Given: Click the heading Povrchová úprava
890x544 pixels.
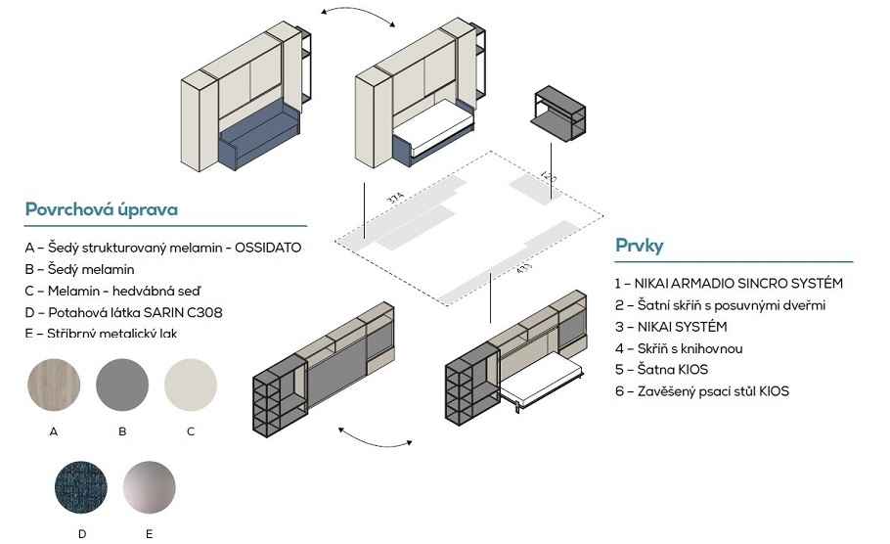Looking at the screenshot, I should [101, 209].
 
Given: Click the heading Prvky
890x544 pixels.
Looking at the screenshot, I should [640, 247].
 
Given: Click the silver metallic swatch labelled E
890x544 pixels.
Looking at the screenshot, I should [150, 487].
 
